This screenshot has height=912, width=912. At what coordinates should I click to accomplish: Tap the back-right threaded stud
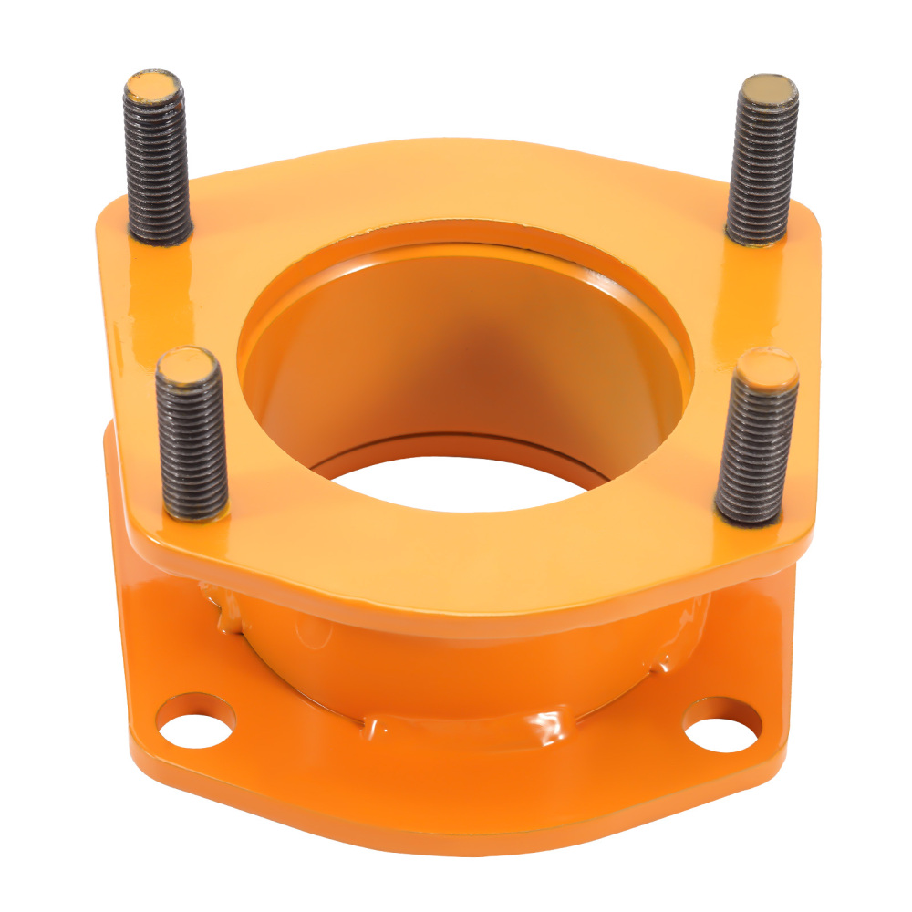pos(762,164)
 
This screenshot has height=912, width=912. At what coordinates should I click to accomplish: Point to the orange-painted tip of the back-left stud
pos(152,87)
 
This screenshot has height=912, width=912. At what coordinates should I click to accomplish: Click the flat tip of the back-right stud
pos(767,89)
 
